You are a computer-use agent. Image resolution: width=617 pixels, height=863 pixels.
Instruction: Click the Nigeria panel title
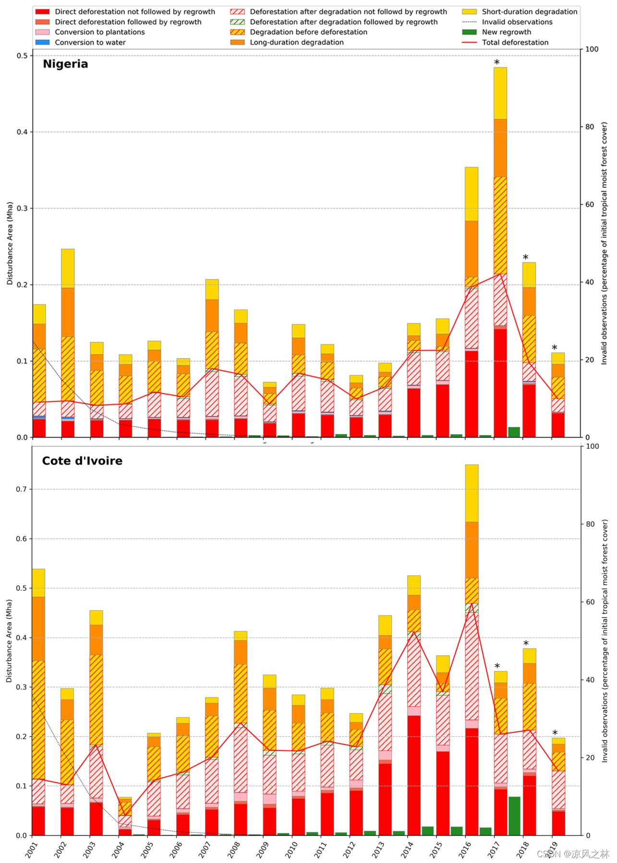[x=65, y=64]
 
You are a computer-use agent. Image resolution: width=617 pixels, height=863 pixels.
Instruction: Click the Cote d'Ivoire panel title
[x=82, y=461]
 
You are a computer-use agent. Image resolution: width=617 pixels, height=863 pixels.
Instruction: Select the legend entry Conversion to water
[x=90, y=42]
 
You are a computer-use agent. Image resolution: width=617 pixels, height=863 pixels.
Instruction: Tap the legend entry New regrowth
[x=506, y=32]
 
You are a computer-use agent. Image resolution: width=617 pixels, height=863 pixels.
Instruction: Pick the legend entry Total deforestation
[x=515, y=42]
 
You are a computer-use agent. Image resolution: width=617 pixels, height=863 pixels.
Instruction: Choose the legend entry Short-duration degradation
[x=529, y=12]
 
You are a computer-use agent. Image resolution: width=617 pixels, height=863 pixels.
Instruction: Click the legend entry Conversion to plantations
[x=99, y=32]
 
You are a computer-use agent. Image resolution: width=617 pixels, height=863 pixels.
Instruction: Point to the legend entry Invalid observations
[x=517, y=22]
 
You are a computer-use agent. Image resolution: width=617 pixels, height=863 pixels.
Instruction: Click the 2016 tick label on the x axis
[x=465, y=849]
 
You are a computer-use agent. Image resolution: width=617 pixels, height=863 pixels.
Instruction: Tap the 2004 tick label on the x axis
[x=118, y=849]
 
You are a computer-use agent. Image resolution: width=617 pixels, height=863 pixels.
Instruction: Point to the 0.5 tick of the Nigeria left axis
[x=22, y=56]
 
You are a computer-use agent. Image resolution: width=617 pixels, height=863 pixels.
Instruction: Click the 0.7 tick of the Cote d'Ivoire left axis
[x=22, y=489]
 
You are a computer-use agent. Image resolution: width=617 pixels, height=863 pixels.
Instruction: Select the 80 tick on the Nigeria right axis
[x=590, y=127]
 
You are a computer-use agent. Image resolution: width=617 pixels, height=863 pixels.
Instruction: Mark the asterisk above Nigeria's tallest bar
[x=497, y=63]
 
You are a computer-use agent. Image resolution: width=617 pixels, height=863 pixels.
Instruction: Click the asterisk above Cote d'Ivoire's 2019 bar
[x=555, y=733]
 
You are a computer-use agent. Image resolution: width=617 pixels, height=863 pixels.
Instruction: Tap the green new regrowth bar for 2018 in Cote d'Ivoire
[x=514, y=816]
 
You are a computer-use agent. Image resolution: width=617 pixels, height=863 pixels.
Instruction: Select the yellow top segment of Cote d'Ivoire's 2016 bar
[x=472, y=493]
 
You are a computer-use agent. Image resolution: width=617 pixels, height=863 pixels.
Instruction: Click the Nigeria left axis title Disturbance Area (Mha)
[x=10, y=243]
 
